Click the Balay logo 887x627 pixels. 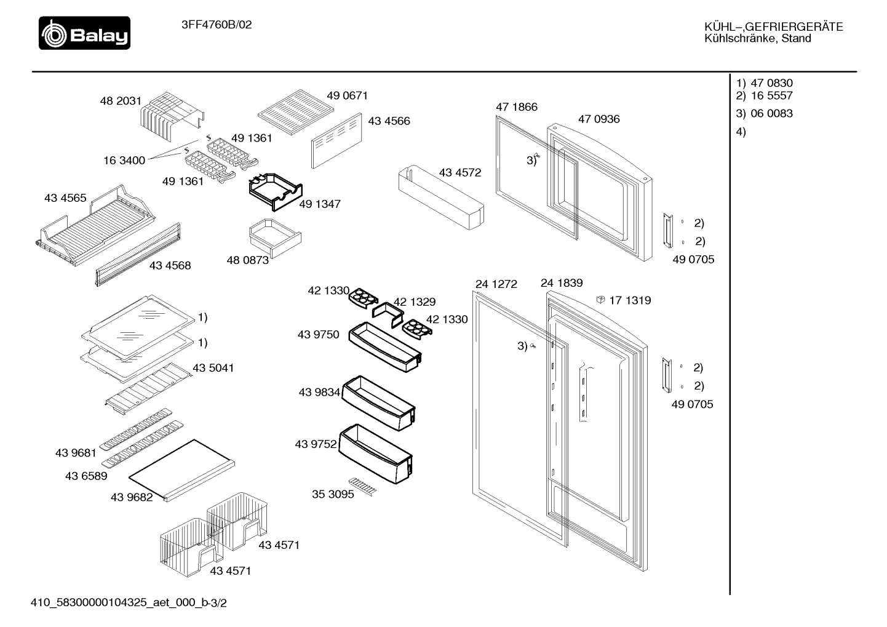coord(84,33)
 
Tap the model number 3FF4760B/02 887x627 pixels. coord(217,25)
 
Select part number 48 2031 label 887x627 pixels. coord(121,101)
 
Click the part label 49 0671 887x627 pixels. coord(348,95)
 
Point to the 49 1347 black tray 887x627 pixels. coord(276,192)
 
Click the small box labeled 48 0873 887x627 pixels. coord(275,238)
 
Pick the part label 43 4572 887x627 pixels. coord(460,172)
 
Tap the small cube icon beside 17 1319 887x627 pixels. coord(601,300)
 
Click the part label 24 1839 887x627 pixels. coord(562,283)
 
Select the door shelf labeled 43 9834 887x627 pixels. coord(378,403)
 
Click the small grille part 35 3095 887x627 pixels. coord(363,487)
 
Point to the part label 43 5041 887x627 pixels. coord(213,368)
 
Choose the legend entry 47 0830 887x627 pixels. coord(772,83)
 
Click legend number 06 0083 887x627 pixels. coord(772,113)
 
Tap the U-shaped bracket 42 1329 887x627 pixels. coord(388,314)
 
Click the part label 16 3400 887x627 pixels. coord(124,161)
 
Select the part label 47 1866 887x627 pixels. coord(517,107)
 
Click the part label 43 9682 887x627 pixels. coord(132,497)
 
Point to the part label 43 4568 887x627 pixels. coord(170,265)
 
